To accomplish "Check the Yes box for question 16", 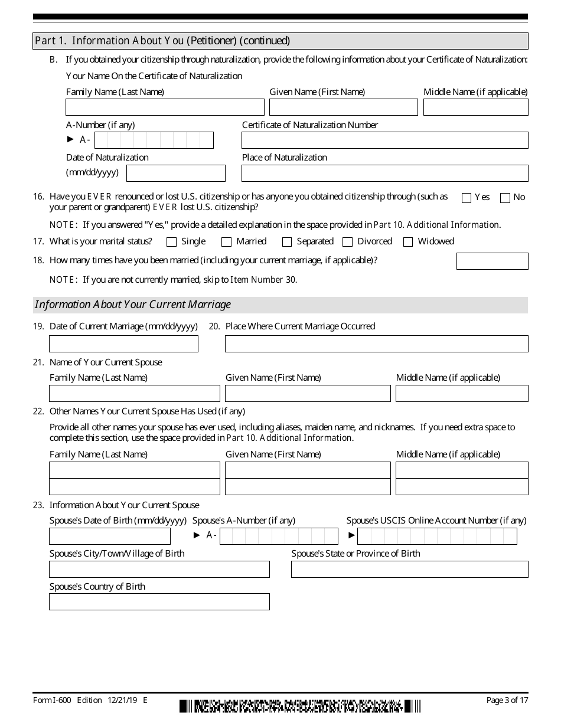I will [x=466, y=198].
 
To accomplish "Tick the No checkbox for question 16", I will [x=505, y=198].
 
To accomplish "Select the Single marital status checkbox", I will [x=172, y=242].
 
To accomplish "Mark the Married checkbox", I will [x=226, y=242].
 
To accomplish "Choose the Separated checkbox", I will [x=287, y=242].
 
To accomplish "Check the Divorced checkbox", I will [x=348, y=242].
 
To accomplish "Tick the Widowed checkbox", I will [x=408, y=242].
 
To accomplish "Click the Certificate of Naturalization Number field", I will [x=384, y=140].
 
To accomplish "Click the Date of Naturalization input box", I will [x=176, y=173].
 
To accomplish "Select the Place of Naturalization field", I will [x=384, y=173].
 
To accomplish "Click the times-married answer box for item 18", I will [x=492, y=261].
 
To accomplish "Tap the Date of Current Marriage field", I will [x=123, y=344].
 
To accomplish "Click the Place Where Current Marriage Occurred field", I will [x=376, y=344].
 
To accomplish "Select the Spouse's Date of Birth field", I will [x=110, y=536].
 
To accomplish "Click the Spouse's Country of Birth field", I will [x=159, y=601].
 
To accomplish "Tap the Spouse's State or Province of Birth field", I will [x=409, y=569].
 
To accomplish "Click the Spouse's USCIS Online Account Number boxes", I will [x=437, y=536].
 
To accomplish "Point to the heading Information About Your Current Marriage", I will [x=133, y=305].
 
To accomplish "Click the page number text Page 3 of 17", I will [x=507, y=700].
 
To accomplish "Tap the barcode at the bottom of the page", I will [x=300, y=706].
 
